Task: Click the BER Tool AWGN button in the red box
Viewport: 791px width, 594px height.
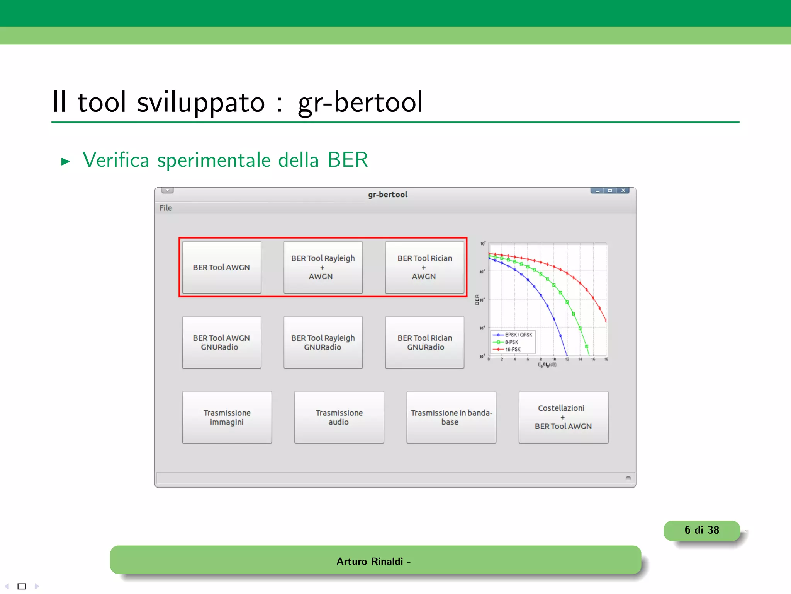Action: click(x=221, y=267)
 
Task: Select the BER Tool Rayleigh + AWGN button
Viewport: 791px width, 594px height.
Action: click(x=323, y=267)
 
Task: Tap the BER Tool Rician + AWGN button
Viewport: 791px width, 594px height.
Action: click(x=424, y=267)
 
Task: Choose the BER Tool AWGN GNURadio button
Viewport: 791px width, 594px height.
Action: click(x=221, y=342)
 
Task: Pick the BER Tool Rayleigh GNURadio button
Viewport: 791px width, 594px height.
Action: click(x=323, y=342)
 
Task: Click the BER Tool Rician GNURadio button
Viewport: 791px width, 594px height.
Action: click(x=424, y=342)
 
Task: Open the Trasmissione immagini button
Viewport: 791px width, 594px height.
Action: click(x=227, y=417)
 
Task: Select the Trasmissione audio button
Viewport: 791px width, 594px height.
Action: click(x=339, y=417)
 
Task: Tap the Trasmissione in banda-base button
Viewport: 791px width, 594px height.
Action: click(x=451, y=417)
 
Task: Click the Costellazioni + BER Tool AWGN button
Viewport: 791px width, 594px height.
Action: click(x=563, y=417)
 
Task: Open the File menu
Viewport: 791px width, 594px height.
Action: click(x=165, y=208)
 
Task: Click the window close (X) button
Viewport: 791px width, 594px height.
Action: click(x=623, y=191)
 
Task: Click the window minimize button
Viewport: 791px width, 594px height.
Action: click(x=597, y=191)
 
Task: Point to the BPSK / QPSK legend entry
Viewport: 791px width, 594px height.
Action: click(x=518, y=335)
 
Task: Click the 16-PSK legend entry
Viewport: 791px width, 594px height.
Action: click(x=513, y=349)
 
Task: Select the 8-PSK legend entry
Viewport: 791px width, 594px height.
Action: click(x=511, y=342)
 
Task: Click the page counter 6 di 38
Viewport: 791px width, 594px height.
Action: click(x=701, y=530)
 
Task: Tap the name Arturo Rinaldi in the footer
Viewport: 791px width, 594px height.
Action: click(x=370, y=561)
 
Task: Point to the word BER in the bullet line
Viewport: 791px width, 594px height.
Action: click(x=348, y=160)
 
